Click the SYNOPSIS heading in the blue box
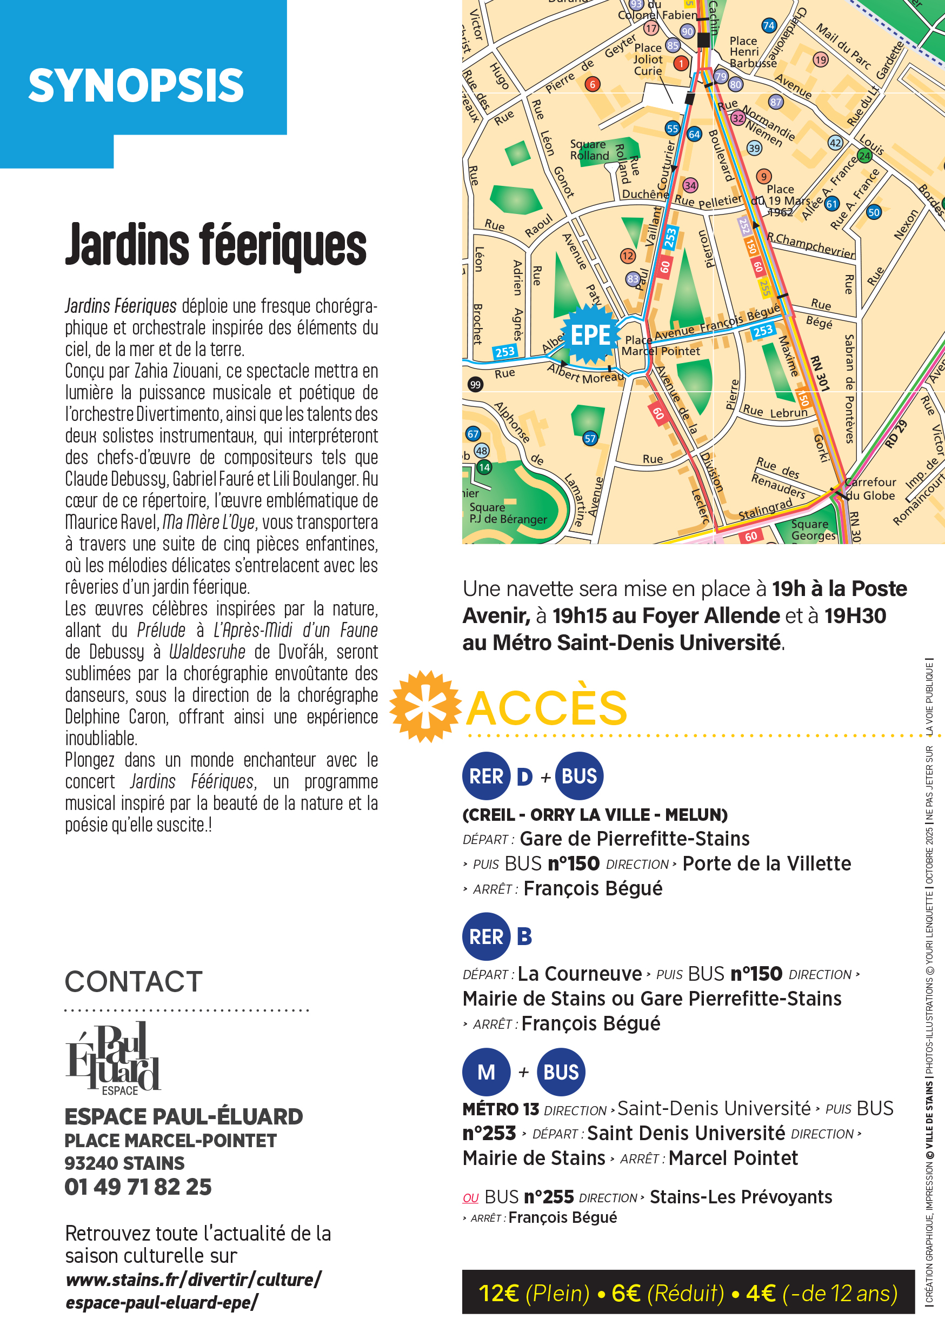(x=136, y=85)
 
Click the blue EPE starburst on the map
(x=590, y=336)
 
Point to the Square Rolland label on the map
(x=589, y=150)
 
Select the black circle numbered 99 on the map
(x=475, y=384)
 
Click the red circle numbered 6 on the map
(x=593, y=84)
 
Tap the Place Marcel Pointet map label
(x=661, y=346)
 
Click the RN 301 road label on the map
(x=820, y=373)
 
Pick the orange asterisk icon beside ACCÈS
(x=427, y=706)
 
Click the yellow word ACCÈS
(x=547, y=708)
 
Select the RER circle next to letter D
(x=486, y=776)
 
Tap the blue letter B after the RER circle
(x=524, y=936)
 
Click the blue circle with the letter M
(x=486, y=1072)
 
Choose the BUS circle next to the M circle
(x=561, y=1072)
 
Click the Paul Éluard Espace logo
(x=114, y=1059)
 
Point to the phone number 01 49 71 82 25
(x=138, y=1187)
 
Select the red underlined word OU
(x=470, y=1198)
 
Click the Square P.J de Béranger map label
(x=508, y=513)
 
